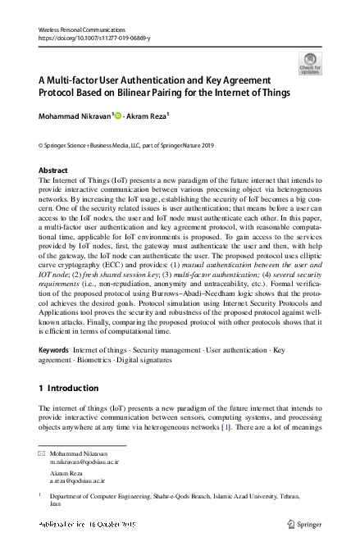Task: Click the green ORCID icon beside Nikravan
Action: click(x=118, y=116)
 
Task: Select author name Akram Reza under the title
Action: click(x=146, y=116)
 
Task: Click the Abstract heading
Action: click(x=54, y=171)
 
